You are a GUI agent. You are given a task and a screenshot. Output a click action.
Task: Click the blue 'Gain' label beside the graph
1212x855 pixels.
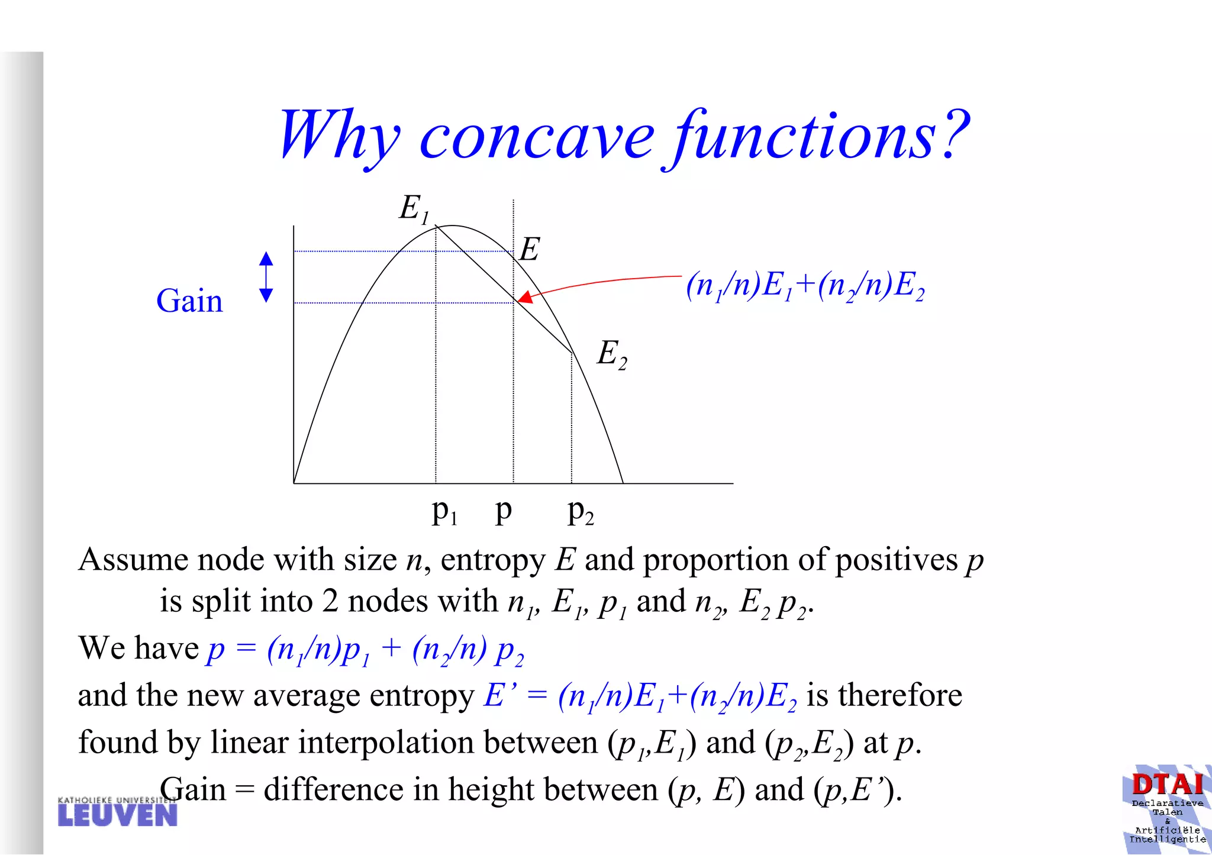pyautogui.click(x=189, y=301)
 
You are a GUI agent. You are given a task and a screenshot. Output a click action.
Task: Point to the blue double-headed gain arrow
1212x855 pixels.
pyautogui.click(x=266, y=276)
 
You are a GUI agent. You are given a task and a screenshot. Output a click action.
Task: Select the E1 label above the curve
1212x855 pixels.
pyautogui.click(x=413, y=209)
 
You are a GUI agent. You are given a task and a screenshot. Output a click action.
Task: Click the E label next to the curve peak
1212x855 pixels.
pyautogui.click(x=530, y=249)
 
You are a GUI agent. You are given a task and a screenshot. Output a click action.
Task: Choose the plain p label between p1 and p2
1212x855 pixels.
pyautogui.click(x=503, y=510)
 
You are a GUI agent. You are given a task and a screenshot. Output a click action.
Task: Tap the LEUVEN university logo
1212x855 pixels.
pyautogui.click(x=117, y=812)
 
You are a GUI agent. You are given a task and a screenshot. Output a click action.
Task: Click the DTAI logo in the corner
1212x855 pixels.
pyautogui.click(x=1166, y=808)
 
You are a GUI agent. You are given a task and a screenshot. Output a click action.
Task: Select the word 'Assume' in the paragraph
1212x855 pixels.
pyautogui.click(x=133, y=560)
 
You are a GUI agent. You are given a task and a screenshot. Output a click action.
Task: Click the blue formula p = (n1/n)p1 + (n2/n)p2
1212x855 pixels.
pyautogui.click(x=365, y=649)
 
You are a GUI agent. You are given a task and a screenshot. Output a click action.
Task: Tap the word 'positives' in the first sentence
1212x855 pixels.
pyautogui.click(x=896, y=560)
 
